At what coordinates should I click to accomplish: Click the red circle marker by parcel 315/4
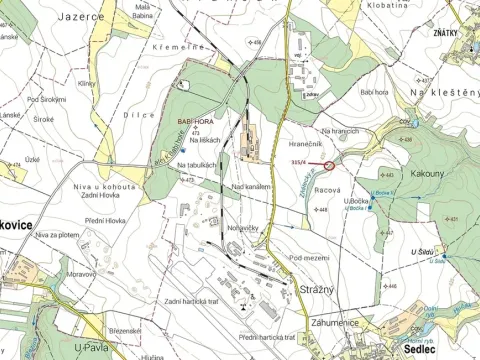[330, 164]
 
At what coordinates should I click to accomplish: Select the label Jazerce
[82, 17]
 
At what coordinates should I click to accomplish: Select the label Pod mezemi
[309, 257]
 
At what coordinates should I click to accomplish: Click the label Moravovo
[58, 272]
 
